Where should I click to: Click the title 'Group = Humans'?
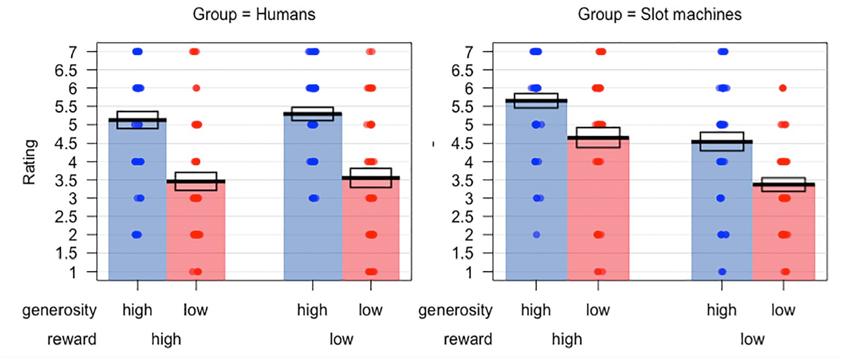tap(254, 14)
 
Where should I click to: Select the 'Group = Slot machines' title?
tap(660, 14)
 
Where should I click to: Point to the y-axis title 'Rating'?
tap(29, 162)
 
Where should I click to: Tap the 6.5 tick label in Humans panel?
tap(66, 71)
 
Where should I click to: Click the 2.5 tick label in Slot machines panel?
tap(462, 217)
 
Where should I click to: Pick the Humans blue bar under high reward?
tap(137, 200)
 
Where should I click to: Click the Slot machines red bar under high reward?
tap(598, 209)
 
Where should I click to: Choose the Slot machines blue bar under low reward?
tap(722, 211)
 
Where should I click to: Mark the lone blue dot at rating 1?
tap(722, 271)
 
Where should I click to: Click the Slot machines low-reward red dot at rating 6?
tap(782, 88)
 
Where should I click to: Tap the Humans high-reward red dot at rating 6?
tap(196, 88)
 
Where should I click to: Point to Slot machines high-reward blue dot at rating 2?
tap(536, 235)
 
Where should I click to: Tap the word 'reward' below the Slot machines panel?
tap(468, 339)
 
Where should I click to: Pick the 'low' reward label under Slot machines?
tap(753, 339)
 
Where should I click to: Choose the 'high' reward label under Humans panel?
tap(166, 339)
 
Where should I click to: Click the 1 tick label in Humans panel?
tap(73, 272)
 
